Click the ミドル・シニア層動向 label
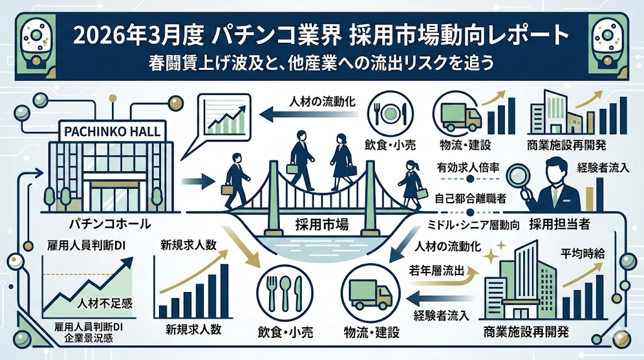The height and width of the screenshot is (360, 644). click(465, 223)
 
